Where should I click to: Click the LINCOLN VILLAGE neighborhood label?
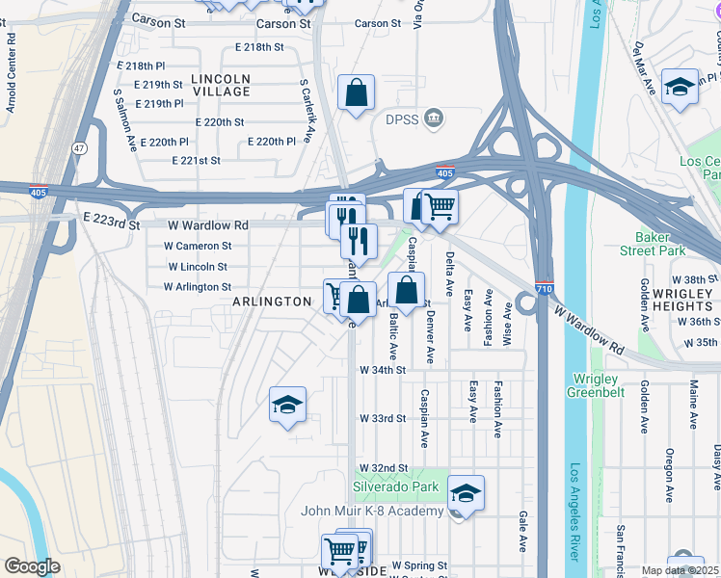(220, 85)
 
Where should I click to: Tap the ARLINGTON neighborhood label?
(273, 302)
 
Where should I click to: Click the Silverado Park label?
(395, 486)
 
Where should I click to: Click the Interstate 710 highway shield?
(544, 287)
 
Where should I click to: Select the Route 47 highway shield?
(78, 148)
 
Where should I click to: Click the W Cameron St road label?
(197, 247)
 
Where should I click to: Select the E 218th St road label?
(259, 46)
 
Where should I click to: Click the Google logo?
(32, 566)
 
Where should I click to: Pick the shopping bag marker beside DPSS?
(357, 94)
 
